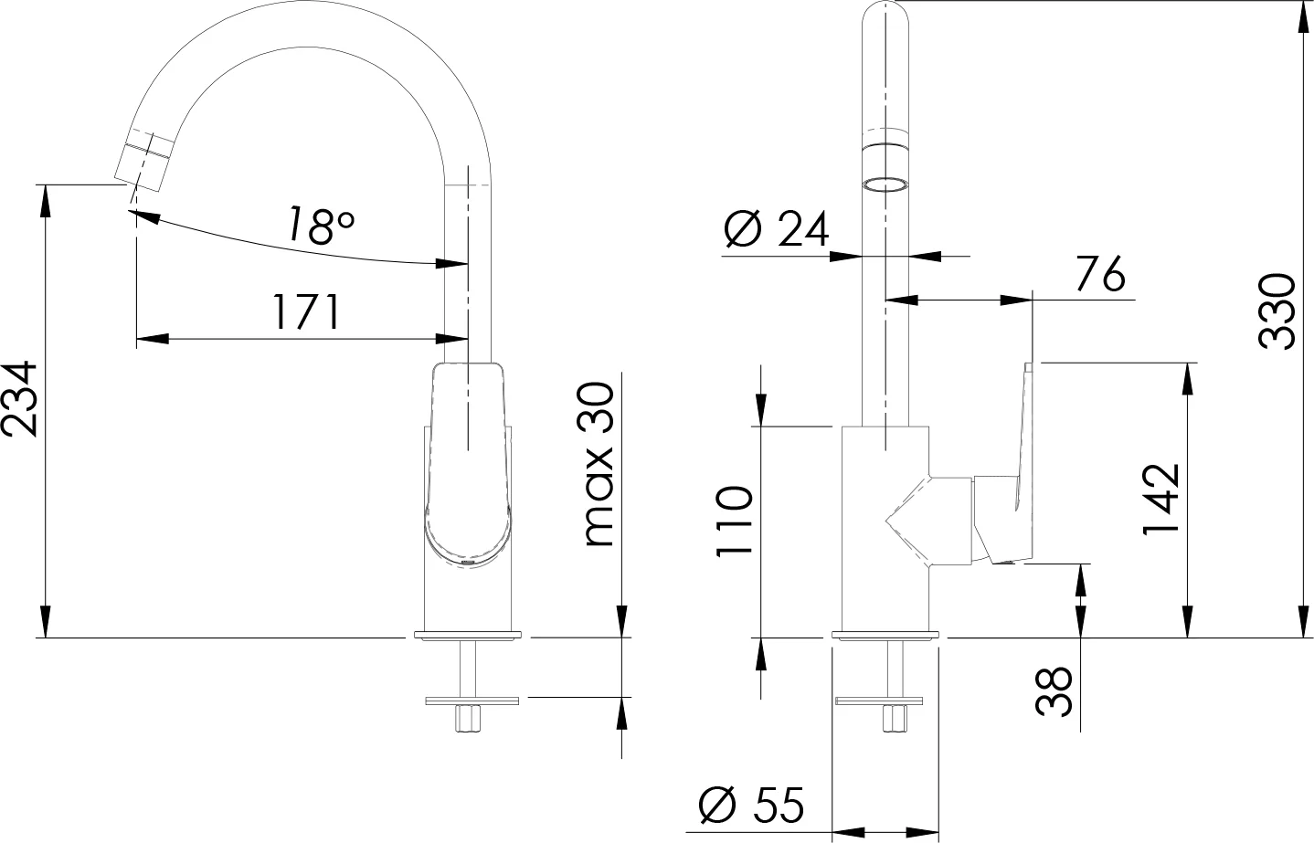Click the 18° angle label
pyautogui.click(x=321, y=225)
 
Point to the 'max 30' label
pyautogui.click(x=599, y=464)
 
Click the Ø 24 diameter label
pyautogui.click(x=776, y=228)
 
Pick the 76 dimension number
pyautogui.click(x=1101, y=274)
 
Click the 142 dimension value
pyautogui.click(x=1160, y=500)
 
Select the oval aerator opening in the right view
pyautogui.click(x=885, y=184)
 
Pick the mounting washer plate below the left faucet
pyautogui.click(x=472, y=701)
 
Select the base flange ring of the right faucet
pyautogui.click(x=885, y=634)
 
